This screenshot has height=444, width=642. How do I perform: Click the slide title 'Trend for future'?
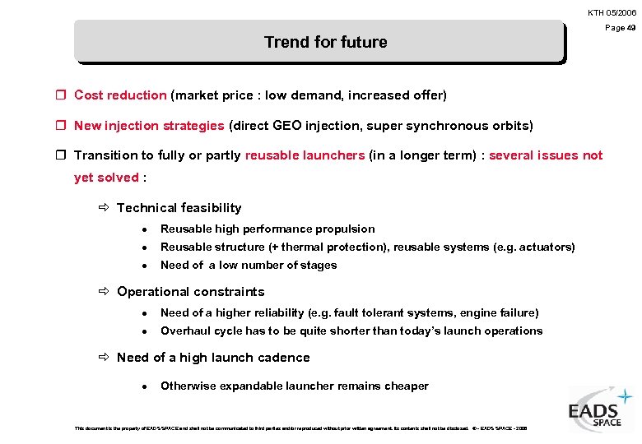pyautogui.click(x=325, y=42)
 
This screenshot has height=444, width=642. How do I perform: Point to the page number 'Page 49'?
pyautogui.click(x=621, y=28)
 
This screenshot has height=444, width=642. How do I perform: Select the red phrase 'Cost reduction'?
pyautogui.click(x=120, y=95)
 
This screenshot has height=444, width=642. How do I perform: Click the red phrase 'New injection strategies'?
pyautogui.click(x=149, y=126)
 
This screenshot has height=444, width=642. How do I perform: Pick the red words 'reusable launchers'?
pyautogui.click(x=305, y=155)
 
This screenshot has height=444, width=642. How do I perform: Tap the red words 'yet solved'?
pyautogui.click(x=106, y=178)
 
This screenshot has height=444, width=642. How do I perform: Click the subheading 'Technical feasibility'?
pyautogui.click(x=179, y=208)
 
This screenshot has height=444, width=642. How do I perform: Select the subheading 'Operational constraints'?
pyautogui.click(x=191, y=292)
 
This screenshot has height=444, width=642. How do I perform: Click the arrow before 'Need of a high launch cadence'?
pyautogui.click(x=105, y=358)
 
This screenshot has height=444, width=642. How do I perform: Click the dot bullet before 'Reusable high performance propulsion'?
pyautogui.click(x=144, y=229)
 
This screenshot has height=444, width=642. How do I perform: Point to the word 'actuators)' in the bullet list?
pyautogui.click(x=547, y=247)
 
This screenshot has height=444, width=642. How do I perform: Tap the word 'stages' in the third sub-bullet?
pyautogui.click(x=319, y=266)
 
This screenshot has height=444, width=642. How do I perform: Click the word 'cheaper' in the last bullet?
pyautogui.click(x=407, y=386)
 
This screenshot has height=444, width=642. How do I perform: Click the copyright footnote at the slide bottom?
pyautogui.click(x=300, y=428)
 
